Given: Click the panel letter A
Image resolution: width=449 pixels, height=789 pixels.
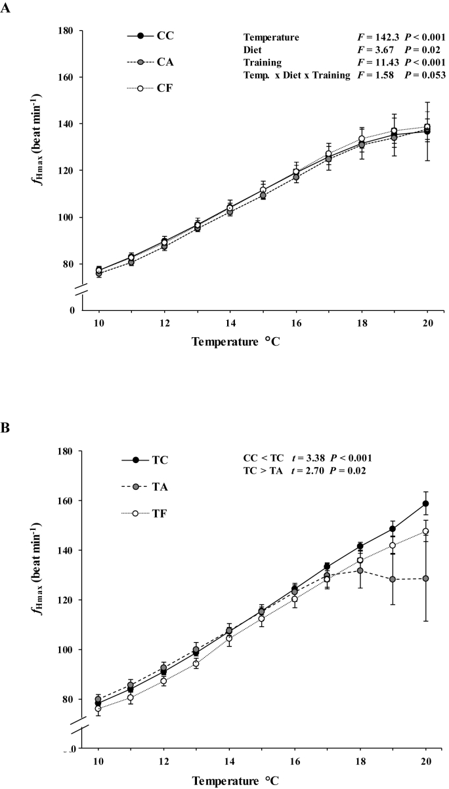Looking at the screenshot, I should tap(7, 12).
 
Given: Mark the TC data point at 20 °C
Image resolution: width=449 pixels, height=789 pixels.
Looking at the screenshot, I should tap(426, 504).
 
